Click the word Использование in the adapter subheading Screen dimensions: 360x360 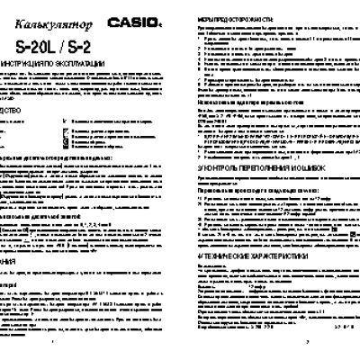click(x=216, y=125)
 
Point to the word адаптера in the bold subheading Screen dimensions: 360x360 click(x=255, y=125)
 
